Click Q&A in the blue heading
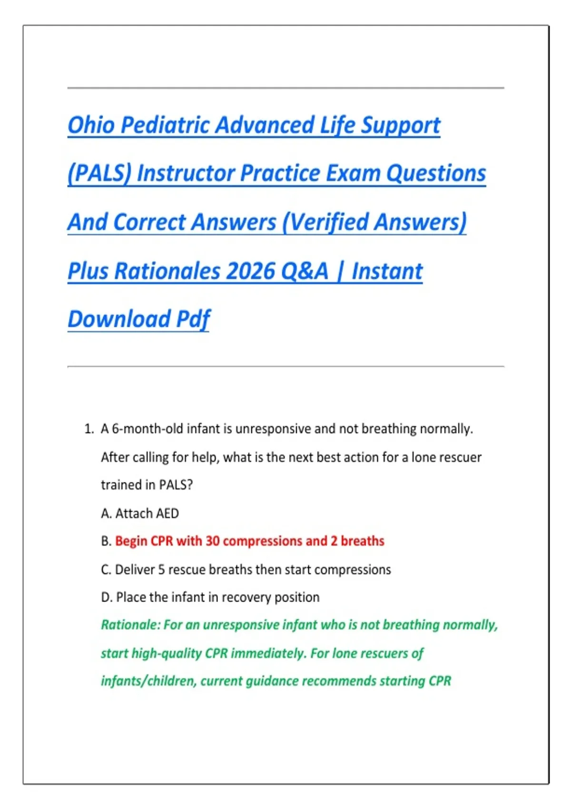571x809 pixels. pyautogui.click(x=305, y=271)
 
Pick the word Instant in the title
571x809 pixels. pyautogui.click(x=387, y=271)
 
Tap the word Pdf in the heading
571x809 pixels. pyautogui.click(x=193, y=319)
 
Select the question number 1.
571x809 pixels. pyautogui.click(x=89, y=429)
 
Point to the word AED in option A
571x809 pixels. pyautogui.click(x=167, y=513)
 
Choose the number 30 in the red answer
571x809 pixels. pyautogui.click(x=212, y=541)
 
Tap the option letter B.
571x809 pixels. pyautogui.click(x=106, y=541)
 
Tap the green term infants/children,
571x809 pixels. pyautogui.click(x=148, y=681)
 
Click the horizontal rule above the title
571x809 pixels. pyautogui.click(x=285, y=88)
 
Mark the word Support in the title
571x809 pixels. pyautogui.click(x=400, y=125)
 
